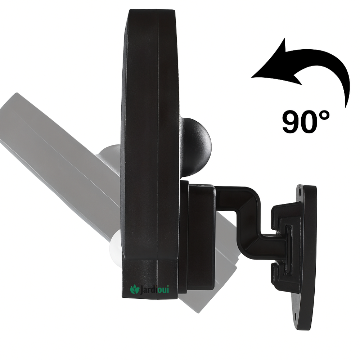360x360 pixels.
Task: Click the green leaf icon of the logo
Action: click(135, 289)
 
